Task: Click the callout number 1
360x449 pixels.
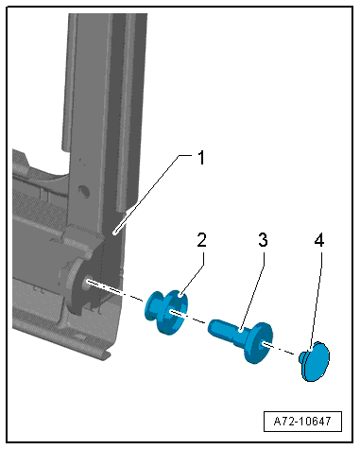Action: (201, 158)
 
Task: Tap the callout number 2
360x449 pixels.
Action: (201, 240)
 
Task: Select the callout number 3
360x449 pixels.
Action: (263, 240)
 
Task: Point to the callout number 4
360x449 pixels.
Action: (319, 241)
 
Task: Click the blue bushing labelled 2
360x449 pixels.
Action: (167, 312)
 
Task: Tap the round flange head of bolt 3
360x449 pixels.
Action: (258, 343)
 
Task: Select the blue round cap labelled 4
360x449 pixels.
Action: (315, 361)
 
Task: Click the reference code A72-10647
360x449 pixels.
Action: (302, 421)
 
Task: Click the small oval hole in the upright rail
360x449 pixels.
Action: (84, 190)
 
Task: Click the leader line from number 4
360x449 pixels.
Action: (316, 300)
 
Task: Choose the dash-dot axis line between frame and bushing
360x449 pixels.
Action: (115, 290)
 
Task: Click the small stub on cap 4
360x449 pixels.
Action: (301, 356)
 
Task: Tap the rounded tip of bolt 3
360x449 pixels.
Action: (212, 326)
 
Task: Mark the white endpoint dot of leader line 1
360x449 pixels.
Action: (116, 233)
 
